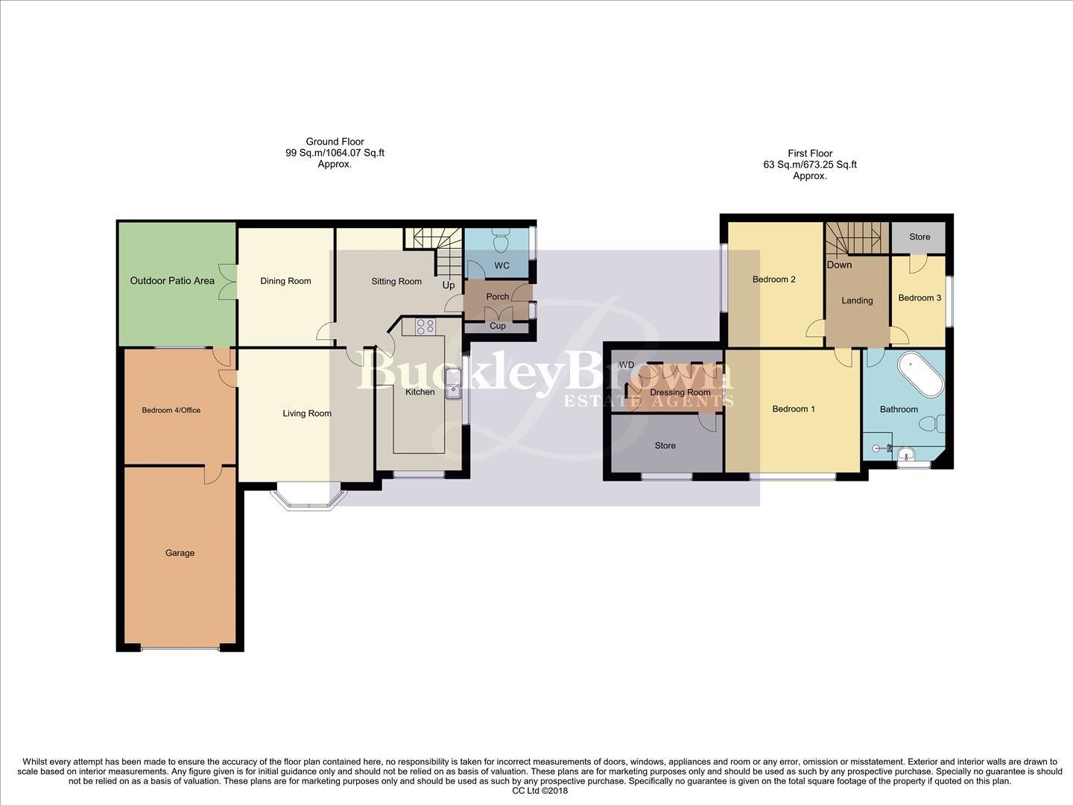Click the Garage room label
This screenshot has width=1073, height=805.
(180, 553)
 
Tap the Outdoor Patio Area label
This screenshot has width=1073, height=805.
(172, 281)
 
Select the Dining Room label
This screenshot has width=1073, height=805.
(285, 281)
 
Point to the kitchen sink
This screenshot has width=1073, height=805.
(453, 391)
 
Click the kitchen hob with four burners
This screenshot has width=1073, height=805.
(425, 326)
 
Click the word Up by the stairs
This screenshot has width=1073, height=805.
(449, 285)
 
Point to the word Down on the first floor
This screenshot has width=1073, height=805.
(839, 265)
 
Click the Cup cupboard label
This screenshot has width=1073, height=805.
(497, 326)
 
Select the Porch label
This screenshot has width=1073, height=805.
(497, 297)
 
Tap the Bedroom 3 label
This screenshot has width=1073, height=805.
(920, 298)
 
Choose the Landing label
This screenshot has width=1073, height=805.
(857, 300)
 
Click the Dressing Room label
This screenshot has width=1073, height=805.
(680, 392)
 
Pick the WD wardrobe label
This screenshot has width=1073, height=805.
(626, 364)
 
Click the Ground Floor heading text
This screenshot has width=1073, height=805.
(335, 142)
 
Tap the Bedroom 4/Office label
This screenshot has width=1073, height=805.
(171, 410)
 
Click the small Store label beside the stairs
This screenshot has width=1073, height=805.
(920, 237)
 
